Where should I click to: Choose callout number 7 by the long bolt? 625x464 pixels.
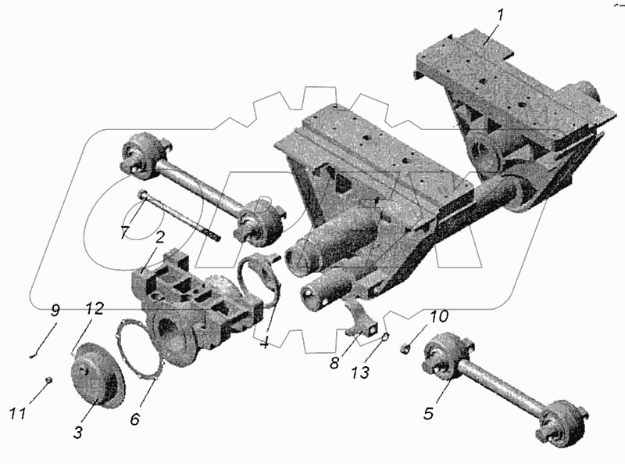[x=126, y=233]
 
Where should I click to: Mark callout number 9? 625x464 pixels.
[x=54, y=311]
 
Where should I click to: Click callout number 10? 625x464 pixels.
[x=439, y=316]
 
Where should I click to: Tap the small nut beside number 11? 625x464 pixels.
[x=48, y=379]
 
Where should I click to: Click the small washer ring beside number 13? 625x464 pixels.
[x=385, y=339]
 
